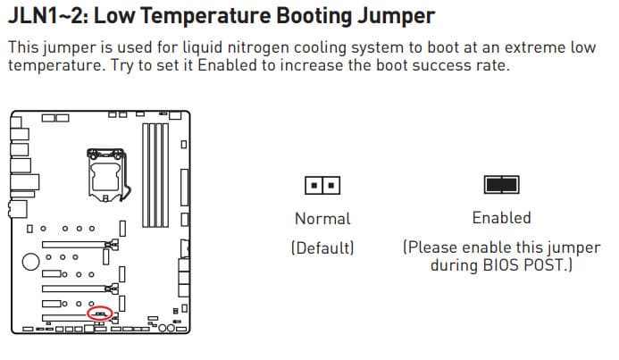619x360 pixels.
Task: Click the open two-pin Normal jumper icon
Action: pyautogui.click(x=322, y=185)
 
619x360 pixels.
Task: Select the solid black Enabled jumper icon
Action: pyautogui.click(x=501, y=185)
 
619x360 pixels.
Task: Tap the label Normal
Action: pyautogui.click(x=322, y=219)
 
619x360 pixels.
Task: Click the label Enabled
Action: pyautogui.click(x=501, y=218)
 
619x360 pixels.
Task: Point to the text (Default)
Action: pyautogui.click(x=322, y=248)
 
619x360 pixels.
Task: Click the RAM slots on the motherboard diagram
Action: pyautogui.click(x=155, y=175)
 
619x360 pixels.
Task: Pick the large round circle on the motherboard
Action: pyautogui.click(x=30, y=262)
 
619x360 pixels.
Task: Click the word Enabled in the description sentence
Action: pyautogui.click(x=227, y=65)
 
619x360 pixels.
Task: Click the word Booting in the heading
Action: pyautogui.click(x=314, y=17)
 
